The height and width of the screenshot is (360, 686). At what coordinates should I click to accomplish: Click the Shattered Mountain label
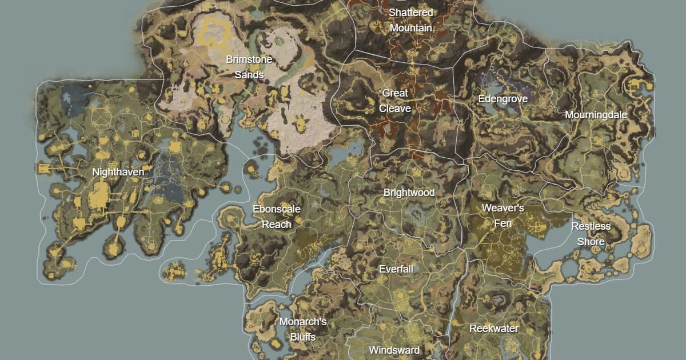click(x=410, y=20)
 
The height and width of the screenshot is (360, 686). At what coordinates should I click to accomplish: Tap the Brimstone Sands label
click(x=249, y=67)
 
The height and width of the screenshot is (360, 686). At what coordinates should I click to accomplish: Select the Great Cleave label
click(x=395, y=101)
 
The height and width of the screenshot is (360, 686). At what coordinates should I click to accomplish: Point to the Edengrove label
click(x=502, y=99)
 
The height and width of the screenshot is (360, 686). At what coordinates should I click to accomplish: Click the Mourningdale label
click(x=596, y=115)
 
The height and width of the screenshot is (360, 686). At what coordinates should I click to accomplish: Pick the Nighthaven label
click(x=118, y=171)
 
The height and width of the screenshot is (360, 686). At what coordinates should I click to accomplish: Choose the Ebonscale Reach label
click(x=276, y=217)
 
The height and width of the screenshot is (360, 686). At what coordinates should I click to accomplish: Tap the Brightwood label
click(x=409, y=193)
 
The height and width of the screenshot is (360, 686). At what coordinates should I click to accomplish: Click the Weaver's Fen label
click(x=502, y=215)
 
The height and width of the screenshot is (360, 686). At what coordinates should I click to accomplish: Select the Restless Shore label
click(x=591, y=234)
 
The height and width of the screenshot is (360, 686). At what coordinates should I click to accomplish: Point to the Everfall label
click(x=396, y=269)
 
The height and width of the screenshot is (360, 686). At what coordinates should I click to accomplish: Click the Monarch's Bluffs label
click(x=302, y=329)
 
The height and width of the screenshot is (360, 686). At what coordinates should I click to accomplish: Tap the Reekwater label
click(x=493, y=329)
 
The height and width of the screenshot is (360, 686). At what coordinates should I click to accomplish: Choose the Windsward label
click(x=394, y=350)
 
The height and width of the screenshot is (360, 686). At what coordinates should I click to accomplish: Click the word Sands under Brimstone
click(x=249, y=75)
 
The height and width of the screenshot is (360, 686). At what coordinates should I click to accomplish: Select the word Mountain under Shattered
click(x=410, y=28)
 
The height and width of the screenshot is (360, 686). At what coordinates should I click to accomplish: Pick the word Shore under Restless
click(x=591, y=242)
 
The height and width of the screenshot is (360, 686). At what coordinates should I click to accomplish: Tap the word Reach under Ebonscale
click(x=276, y=225)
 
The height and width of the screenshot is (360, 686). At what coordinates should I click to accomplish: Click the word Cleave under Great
click(x=395, y=109)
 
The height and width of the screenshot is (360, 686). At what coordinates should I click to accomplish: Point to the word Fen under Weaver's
click(x=502, y=223)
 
